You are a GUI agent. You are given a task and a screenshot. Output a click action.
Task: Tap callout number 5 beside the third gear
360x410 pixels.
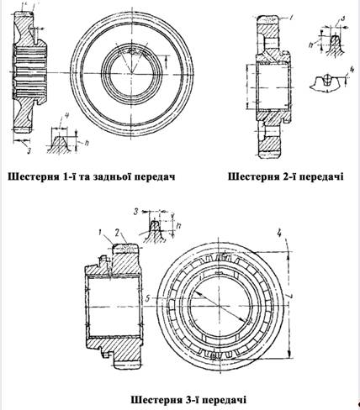tap(148, 299)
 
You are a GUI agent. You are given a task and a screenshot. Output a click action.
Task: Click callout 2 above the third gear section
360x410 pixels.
tap(118, 232)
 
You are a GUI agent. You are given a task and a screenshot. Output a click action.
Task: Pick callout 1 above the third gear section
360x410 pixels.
tap(100, 232)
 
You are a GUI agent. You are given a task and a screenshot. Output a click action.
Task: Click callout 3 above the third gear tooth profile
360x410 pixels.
tap(136, 212)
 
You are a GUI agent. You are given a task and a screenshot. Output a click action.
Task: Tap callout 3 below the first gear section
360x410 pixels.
tap(29, 150)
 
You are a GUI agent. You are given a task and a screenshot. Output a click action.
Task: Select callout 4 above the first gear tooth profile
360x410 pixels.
tap(66, 116)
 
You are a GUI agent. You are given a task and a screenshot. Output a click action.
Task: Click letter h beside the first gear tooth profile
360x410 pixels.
tap(87, 144)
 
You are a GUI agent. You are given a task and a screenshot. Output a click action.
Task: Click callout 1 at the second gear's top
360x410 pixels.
tap(292, 18)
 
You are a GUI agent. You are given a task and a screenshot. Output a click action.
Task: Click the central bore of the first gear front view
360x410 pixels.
tap(132, 74)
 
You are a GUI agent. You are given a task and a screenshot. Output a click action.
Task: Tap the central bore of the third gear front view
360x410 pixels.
tap(220, 306)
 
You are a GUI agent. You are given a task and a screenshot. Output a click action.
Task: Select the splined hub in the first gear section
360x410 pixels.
tap(29, 72)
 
